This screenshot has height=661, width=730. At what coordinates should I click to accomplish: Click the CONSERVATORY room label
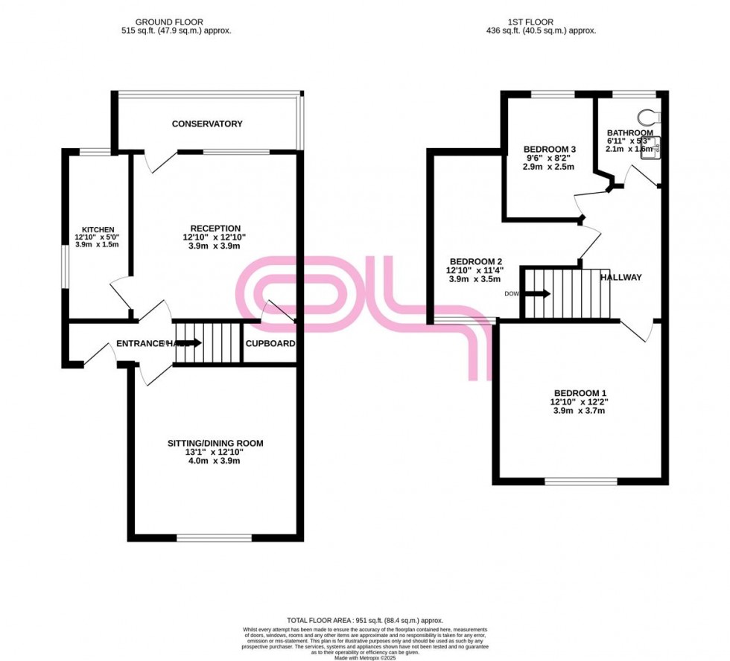click(x=207, y=124)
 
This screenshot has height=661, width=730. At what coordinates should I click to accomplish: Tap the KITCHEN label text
click(x=98, y=229)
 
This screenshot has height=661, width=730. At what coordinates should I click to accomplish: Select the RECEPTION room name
click(x=215, y=229)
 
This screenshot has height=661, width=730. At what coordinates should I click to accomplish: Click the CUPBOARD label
click(x=270, y=344)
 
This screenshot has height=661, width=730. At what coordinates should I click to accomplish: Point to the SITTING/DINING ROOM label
click(x=215, y=444)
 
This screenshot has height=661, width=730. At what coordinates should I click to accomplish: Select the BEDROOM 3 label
click(x=550, y=149)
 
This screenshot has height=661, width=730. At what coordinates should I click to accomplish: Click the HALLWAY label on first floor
click(x=621, y=277)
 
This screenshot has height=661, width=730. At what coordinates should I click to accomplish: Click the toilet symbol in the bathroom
click(x=649, y=118)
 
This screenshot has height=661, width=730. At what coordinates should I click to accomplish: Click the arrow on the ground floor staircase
click(x=189, y=343)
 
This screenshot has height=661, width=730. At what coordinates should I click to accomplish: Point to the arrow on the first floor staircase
click(x=539, y=293)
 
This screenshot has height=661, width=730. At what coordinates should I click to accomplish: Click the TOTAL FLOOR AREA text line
click(x=365, y=620)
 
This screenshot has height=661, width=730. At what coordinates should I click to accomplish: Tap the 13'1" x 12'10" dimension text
click(x=215, y=452)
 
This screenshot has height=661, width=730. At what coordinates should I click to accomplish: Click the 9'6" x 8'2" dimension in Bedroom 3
click(x=550, y=158)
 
